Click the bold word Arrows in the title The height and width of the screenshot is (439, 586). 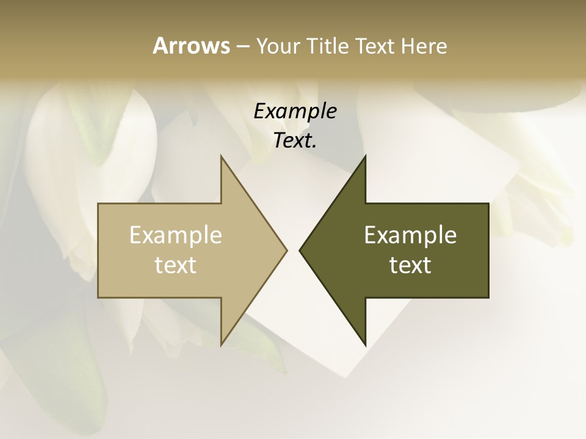(191, 46)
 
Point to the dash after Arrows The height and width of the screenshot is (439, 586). (242, 46)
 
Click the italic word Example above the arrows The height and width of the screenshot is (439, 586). (295, 111)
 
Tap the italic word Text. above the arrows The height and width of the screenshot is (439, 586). (295, 140)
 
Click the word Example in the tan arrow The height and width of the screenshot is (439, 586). (176, 235)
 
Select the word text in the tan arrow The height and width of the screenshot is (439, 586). (176, 265)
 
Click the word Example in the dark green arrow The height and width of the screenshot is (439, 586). (410, 235)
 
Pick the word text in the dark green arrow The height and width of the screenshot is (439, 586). (410, 265)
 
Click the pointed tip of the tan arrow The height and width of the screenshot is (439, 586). (286, 250)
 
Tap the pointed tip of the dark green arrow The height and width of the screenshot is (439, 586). (300, 250)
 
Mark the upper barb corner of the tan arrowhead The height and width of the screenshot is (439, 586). (222, 156)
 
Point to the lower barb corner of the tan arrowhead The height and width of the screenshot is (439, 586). (222, 344)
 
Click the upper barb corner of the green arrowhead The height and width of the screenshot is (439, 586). (365, 156)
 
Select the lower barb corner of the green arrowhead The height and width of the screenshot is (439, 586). (365, 344)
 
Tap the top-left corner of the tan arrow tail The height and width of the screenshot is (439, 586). (99, 204)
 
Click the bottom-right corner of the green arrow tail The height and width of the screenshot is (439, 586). (488, 297)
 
